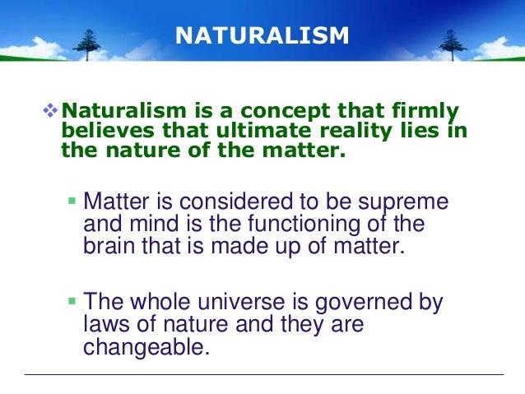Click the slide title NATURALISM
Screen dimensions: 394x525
pyautogui.click(x=262, y=36)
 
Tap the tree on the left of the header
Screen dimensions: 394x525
pyautogui.click(x=87, y=41)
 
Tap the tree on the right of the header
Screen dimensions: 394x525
pyautogui.click(x=449, y=41)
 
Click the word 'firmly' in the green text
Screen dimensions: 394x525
pyautogui.click(x=427, y=111)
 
